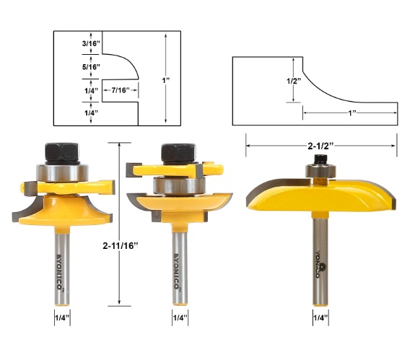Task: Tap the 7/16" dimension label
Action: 121,90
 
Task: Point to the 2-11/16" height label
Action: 121,246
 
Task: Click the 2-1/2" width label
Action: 320,146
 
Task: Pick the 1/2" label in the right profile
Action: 294,81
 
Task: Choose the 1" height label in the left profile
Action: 166,80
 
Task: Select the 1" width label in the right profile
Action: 352,113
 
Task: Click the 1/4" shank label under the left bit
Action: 62,317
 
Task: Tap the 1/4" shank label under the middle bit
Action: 180,317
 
